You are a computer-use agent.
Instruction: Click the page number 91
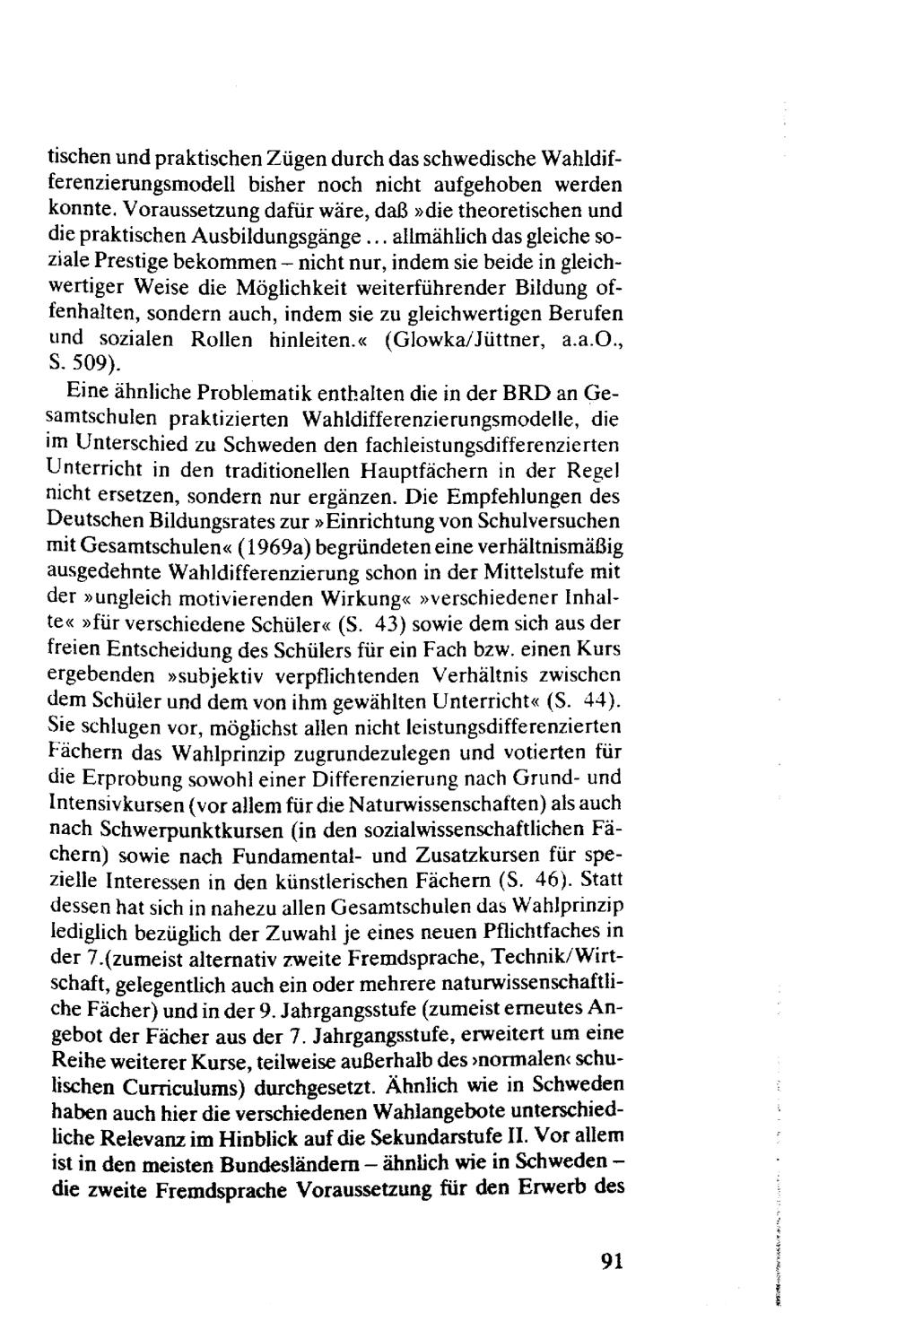click(612, 1260)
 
